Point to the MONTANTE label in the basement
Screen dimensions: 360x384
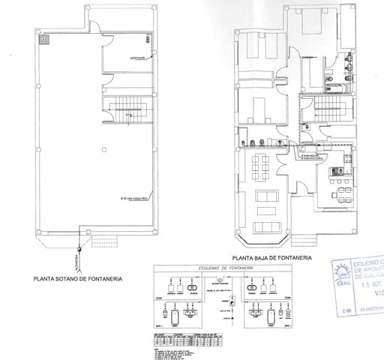pos(137,58)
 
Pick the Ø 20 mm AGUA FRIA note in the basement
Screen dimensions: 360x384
pos(139,199)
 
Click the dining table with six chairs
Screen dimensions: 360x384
pos(262,164)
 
